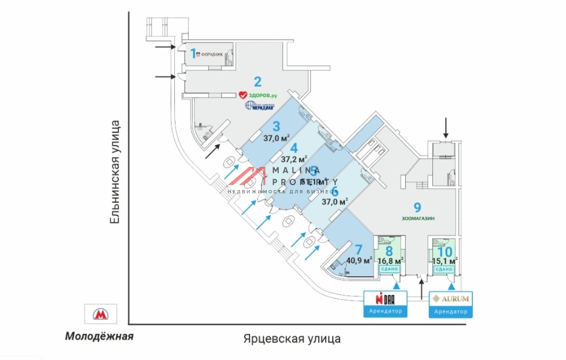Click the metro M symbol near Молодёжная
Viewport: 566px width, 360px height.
click(x=100, y=314)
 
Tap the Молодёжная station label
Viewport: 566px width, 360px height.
click(x=99, y=336)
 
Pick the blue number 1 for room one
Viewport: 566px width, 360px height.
click(x=194, y=53)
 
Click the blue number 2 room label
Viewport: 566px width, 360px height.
click(x=257, y=82)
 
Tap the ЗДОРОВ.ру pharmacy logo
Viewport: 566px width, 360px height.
click(x=257, y=95)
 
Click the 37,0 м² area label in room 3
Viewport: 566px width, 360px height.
click(x=276, y=138)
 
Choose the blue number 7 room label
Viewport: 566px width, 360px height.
click(x=358, y=250)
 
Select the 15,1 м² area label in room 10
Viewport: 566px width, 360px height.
click(x=445, y=261)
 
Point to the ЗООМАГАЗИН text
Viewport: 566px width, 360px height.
click(x=418, y=218)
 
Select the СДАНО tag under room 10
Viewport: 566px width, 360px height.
click(x=444, y=269)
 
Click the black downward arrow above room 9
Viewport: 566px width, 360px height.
click(x=446, y=127)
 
